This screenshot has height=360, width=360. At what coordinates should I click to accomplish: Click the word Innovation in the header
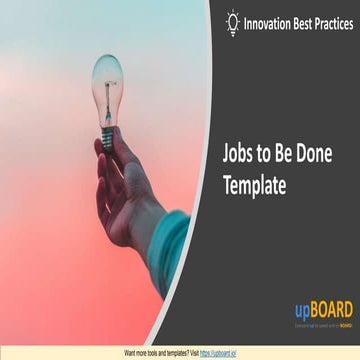point(274,20)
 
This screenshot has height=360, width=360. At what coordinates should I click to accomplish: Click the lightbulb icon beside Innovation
point(233,21)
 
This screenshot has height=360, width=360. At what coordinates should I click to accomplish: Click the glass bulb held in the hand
point(107,79)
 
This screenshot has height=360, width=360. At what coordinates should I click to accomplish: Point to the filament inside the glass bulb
point(107,85)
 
